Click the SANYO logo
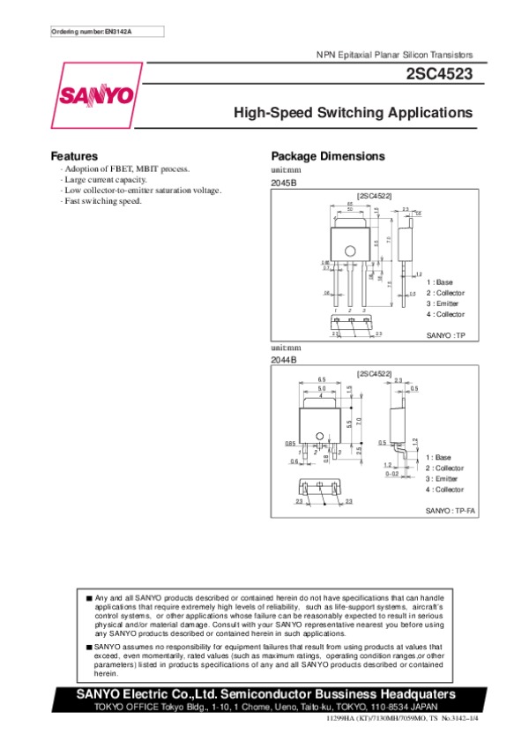tap(97, 94)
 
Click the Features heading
tap(74, 156)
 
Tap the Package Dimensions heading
tap(328, 156)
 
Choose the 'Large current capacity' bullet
tap(104, 179)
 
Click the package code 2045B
tap(284, 183)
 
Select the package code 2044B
tap(284, 360)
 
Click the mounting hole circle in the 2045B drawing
tap(349, 252)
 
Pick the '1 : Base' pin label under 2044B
tap(439, 458)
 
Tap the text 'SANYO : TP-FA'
tap(451, 512)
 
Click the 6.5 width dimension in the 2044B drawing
tap(323, 380)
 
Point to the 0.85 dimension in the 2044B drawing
tap(290, 443)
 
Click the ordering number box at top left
tap(107, 32)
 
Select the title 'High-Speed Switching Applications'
tap(353, 114)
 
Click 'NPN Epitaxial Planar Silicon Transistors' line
tap(394, 55)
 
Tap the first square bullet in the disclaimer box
tap(89, 597)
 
